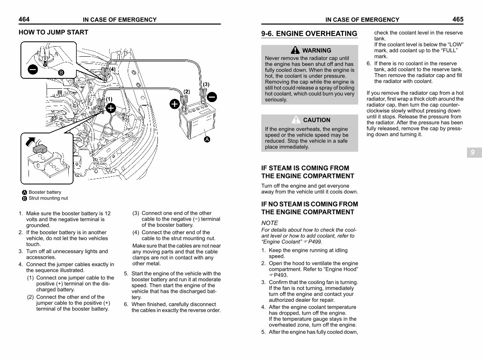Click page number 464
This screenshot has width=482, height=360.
pyautogui.click(x=24, y=19)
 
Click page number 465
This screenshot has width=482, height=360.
pyautogui.click(x=457, y=19)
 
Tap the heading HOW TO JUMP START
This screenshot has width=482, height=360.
pyautogui.click(x=53, y=32)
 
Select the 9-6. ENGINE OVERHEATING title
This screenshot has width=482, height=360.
pyautogui.click(x=309, y=34)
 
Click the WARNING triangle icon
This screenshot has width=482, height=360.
pyautogui.click(x=296, y=50)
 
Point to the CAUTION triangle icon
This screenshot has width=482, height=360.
pyautogui.click(x=296, y=120)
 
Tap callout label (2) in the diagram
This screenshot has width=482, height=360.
pyautogui.click(x=187, y=92)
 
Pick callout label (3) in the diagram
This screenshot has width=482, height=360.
pyautogui.click(x=206, y=84)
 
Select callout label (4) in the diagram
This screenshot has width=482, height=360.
pyautogui.click(x=112, y=69)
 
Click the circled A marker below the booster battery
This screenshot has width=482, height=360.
pyautogui.click(x=207, y=139)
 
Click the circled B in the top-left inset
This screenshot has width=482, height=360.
pyautogui.click(x=61, y=72)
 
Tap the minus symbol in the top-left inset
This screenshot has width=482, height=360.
pyautogui.click(x=33, y=70)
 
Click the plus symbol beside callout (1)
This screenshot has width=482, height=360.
pyautogui.click(x=111, y=108)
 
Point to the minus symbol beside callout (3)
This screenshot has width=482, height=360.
pyautogui.click(x=212, y=97)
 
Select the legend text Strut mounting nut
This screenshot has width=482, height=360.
pyautogui.click(x=48, y=198)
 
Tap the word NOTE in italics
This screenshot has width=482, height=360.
pyautogui.click(x=270, y=223)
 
